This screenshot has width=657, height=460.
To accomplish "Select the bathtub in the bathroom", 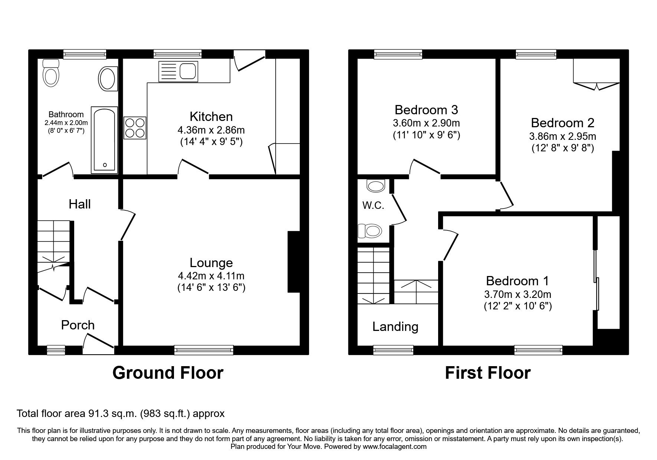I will point(105,140).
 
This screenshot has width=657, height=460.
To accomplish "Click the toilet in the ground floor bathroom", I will point(51,74).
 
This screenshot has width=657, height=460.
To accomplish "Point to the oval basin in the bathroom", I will point(108,78).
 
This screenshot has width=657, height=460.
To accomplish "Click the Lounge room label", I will point(211,263).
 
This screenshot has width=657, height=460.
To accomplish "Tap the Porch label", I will point(78,325).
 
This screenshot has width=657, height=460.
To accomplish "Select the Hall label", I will point(79,204).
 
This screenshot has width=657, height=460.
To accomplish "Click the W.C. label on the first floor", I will point(373,205).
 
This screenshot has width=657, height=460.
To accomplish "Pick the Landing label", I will point(395,326).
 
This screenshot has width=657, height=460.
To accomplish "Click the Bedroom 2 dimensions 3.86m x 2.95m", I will point(562,136).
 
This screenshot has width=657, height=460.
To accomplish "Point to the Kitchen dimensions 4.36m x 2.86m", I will point(211,130).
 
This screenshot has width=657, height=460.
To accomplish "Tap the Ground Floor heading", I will point(168,373).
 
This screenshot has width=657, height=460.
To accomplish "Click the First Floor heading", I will point(487,373).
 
